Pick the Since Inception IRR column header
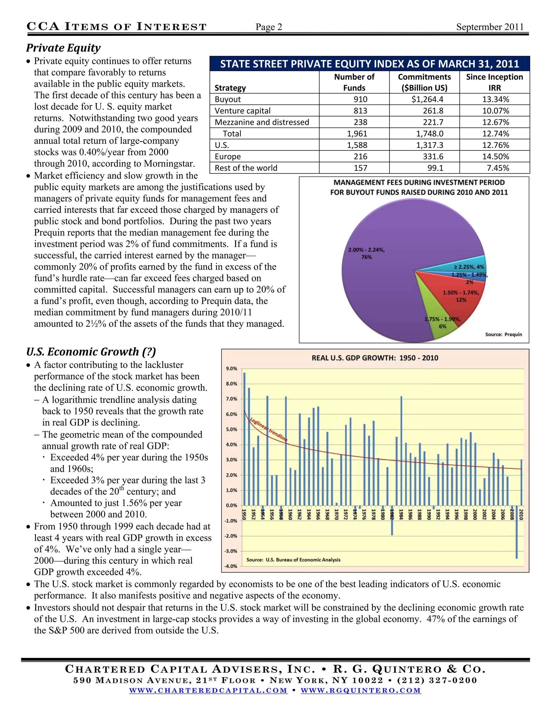click(x=494, y=82)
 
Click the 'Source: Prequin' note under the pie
click(x=503, y=334)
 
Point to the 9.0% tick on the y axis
click(x=231, y=369)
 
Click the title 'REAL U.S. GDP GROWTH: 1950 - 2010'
click(x=375, y=358)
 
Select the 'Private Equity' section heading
click(x=63, y=48)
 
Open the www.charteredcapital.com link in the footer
click(x=208, y=690)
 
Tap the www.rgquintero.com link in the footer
click(x=361, y=690)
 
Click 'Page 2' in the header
click(x=269, y=27)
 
